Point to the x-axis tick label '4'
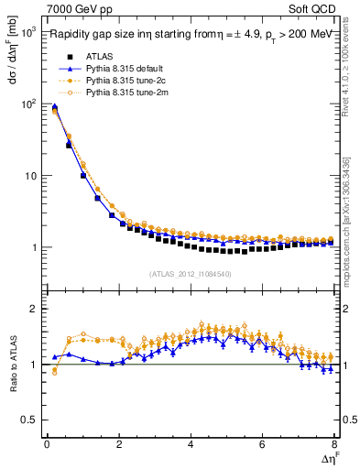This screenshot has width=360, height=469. pyautogui.click(x=191, y=444)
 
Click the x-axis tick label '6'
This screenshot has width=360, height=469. pyautogui.click(x=263, y=444)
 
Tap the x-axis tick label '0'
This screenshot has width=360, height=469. pyautogui.click(x=47, y=444)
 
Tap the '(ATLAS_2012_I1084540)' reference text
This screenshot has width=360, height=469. pyautogui.click(x=191, y=274)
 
